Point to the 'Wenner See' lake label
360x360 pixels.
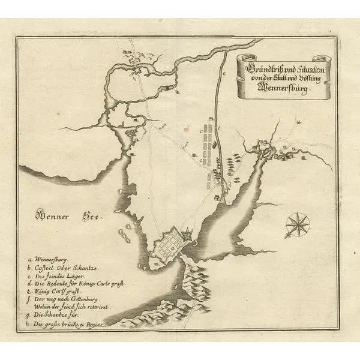pos(68,214)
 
